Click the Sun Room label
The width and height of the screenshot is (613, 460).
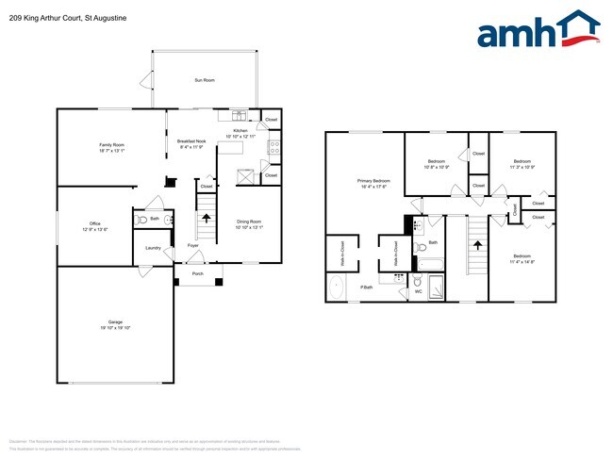(x=205, y=81)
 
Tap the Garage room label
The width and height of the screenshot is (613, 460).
(x=115, y=322)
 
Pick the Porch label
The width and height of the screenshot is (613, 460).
(x=198, y=274)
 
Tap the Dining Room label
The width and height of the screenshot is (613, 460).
(x=249, y=222)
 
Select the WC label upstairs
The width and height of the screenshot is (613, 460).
(x=418, y=291)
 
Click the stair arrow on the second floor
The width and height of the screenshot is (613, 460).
(x=477, y=245)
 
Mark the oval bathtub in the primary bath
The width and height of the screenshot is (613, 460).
(x=337, y=287)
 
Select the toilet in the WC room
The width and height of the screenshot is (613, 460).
(x=417, y=279)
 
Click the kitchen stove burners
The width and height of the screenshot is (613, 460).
(x=274, y=146)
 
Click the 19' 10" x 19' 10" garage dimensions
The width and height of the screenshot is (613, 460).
(x=115, y=328)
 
